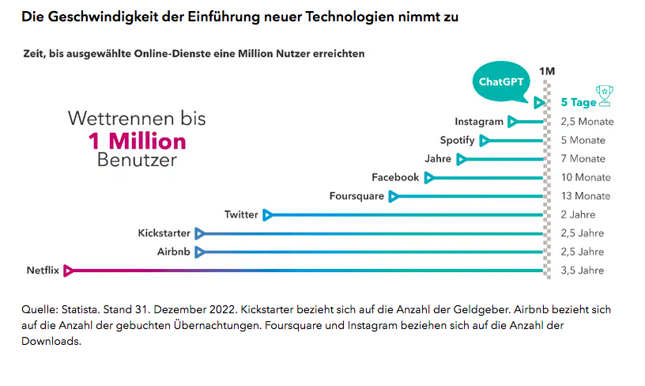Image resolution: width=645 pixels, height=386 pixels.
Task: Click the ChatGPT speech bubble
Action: click(x=501, y=81)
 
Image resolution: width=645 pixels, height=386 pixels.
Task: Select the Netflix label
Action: click(x=43, y=271)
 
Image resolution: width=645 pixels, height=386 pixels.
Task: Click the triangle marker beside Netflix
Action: click(x=69, y=271)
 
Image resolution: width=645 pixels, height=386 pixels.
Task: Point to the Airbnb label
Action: click(x=174, y=252)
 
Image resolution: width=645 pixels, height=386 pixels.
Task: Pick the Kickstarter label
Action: click(x=164, y=233)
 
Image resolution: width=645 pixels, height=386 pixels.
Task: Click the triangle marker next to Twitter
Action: click(x=267, y=214)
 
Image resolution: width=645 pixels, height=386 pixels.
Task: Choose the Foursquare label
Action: click(x=356, y=196)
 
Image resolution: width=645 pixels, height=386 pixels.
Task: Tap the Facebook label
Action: click(x=395, y=177)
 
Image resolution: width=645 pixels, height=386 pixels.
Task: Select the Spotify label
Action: click(x=457, y=140)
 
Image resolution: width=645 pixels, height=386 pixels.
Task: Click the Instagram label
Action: click(x=478, y=122)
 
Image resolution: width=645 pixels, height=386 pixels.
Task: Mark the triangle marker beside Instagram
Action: click(x=512, y=122)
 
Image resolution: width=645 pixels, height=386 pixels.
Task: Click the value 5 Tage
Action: click(x=579, y=103)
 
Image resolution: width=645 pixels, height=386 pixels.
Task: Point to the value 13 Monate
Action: click(x=585, y=196)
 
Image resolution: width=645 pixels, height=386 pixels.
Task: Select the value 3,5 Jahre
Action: click(x=582, y=271)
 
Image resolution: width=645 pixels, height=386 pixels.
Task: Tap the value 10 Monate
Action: click(x=585, y=177)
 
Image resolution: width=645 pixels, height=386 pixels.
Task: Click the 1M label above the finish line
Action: click(x=546, y=71)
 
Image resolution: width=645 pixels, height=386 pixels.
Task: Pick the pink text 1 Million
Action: click(x=137, y=141)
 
